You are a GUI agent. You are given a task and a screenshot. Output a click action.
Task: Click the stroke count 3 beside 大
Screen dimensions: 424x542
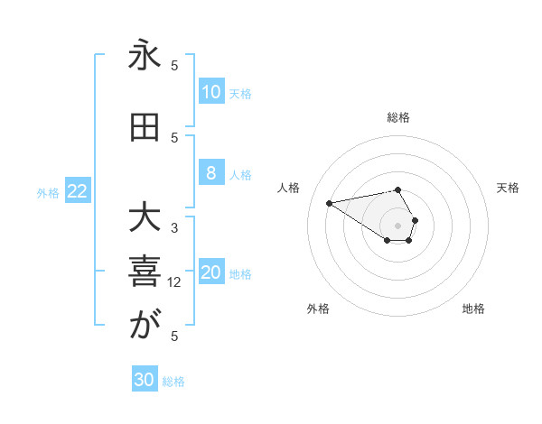pos(174,228)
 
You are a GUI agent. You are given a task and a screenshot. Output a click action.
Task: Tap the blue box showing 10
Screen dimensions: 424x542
pos(210,92)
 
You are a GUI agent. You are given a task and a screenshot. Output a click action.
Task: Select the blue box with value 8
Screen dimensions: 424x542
pos(210,174)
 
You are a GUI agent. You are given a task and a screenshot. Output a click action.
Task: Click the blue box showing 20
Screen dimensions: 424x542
pos(211,273)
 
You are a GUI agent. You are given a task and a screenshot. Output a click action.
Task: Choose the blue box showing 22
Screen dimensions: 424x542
pos(78,191)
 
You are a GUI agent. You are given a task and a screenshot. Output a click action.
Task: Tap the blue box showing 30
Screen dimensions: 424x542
pos(144,380)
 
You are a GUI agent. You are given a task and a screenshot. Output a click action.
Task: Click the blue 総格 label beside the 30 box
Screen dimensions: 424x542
pos(173,382)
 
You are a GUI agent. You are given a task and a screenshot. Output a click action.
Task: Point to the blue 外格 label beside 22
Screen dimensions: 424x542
pos(48,192)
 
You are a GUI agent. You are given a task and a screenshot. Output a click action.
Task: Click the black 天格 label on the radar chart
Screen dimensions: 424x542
pos(509,188)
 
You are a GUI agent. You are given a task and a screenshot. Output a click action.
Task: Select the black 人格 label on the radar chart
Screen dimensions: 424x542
pos(288,188)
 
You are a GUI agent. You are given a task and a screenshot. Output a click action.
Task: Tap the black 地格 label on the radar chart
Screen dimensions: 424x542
pos(473,309)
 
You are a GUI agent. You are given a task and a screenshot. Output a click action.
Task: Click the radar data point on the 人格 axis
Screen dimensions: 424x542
pos(329,202)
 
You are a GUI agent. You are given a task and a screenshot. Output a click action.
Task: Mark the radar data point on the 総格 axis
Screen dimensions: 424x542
pos(397,189)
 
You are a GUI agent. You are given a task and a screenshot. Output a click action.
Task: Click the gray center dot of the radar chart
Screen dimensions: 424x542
pos(397,226)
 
